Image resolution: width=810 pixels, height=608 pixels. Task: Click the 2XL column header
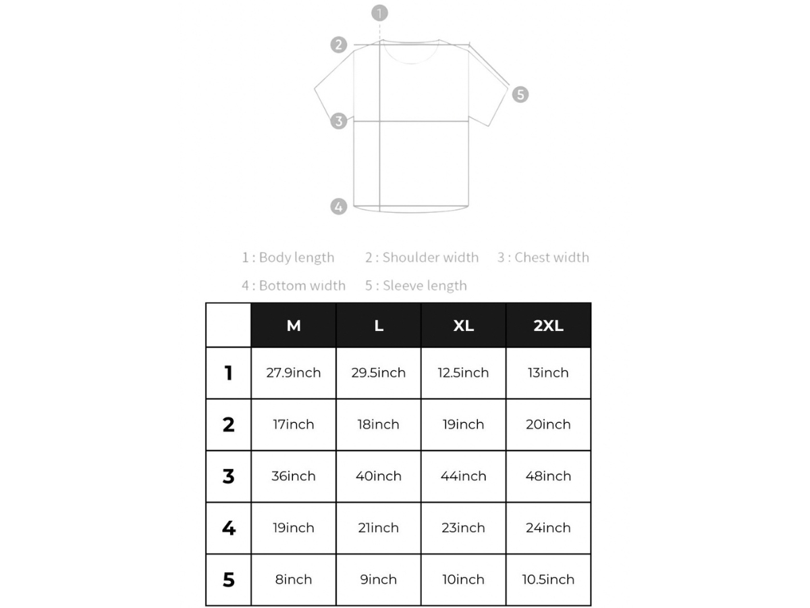(548, 326)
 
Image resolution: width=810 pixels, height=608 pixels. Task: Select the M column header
(294, 326)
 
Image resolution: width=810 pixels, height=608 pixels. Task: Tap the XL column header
(463, 326)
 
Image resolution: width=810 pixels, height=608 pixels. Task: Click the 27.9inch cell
(294, 373)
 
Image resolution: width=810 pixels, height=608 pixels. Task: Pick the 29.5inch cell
(379, 373)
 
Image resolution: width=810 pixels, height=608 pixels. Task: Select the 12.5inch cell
(463, 373)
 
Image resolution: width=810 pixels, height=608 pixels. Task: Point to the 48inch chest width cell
(548, 476)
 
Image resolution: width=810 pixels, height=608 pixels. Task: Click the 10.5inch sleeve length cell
(548, 580)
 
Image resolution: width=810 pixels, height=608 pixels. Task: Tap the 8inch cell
(294, 580)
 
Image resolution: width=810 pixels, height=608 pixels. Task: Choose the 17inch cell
(294, 425)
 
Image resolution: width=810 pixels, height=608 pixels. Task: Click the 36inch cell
(294, 476)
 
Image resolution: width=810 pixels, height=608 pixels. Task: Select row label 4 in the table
(229, 528)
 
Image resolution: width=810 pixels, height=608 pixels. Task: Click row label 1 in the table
(229, 373)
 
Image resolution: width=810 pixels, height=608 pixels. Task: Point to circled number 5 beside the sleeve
(520, 95)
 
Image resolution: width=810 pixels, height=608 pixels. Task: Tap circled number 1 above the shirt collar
(380, 13)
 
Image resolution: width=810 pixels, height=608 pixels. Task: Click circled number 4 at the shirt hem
(339, 206)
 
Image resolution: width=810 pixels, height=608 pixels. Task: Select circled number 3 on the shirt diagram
(339, 122)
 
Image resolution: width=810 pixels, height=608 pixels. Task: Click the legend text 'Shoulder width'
(430, 257)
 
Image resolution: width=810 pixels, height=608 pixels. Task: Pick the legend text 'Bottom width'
(302, 286)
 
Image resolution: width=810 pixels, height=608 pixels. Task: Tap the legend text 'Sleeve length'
(425, 286)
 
